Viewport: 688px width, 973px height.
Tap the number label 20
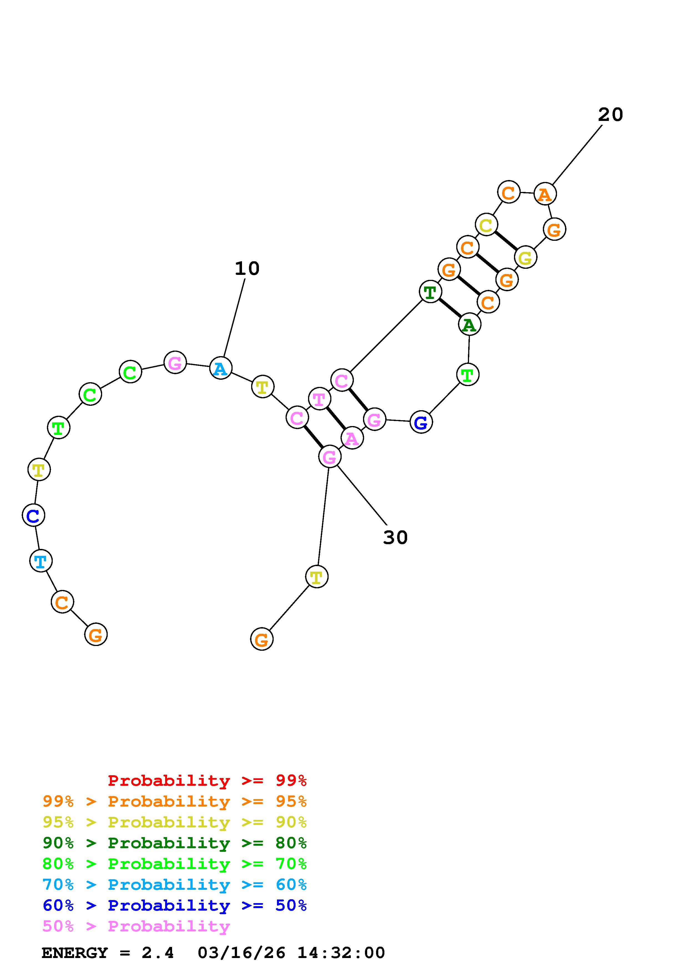click(x=610, y=115)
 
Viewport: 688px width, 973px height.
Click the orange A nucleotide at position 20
click(x=545, y=194)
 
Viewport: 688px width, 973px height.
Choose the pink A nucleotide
click(x=352, y=439)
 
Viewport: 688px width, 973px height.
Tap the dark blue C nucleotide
click(x=33, y=515)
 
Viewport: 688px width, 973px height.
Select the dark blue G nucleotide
click(x=421, y=422)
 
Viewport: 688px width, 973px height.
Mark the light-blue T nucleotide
click(x=41, y=561)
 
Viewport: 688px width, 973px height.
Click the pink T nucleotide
click(x=319, y=399)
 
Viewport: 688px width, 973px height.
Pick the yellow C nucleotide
click(x=486, y=225)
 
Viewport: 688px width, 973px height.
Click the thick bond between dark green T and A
click(x=450, y=308)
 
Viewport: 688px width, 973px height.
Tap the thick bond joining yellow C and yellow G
click(x=506, y=241)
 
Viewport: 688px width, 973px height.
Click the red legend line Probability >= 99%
click(x=207, y=781)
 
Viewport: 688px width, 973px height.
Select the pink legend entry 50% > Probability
click(x=136, y=926)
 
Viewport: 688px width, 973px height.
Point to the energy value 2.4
click(x=158, y=953)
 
